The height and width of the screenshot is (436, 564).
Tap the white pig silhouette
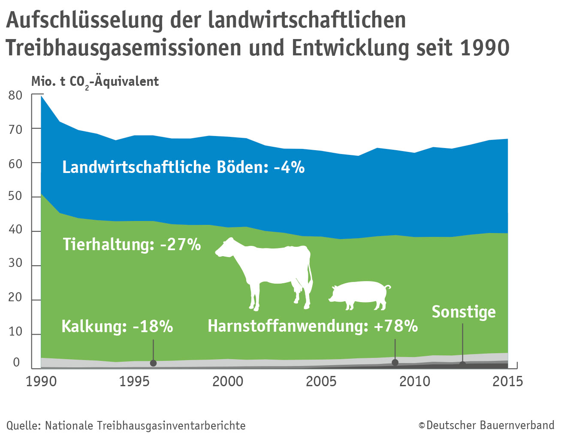(359, 294)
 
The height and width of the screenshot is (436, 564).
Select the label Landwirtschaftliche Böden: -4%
(183, 167)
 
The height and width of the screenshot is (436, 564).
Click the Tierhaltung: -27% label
(132, 244)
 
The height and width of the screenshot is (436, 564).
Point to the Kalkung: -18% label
(117, 326)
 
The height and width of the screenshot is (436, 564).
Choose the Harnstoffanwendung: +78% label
(313, 326)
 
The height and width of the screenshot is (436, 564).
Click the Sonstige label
(463, 312)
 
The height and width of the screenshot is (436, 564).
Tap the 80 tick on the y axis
(15, 95)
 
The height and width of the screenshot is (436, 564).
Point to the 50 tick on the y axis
(15, 196)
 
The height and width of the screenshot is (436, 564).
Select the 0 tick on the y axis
(16, 363)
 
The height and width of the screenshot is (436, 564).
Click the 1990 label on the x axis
(41, 381)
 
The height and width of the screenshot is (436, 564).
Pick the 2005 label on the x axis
(321, 381)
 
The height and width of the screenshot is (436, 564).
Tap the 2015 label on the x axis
(507, 381)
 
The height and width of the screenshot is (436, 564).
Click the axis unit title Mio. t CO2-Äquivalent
(95, 82)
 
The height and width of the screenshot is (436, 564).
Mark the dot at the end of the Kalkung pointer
(153, 363)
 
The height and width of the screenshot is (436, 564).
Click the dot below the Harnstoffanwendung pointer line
(395, 363)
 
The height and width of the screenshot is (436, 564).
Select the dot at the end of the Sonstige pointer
(462, 365)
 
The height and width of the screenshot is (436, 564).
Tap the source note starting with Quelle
(126, 426)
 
